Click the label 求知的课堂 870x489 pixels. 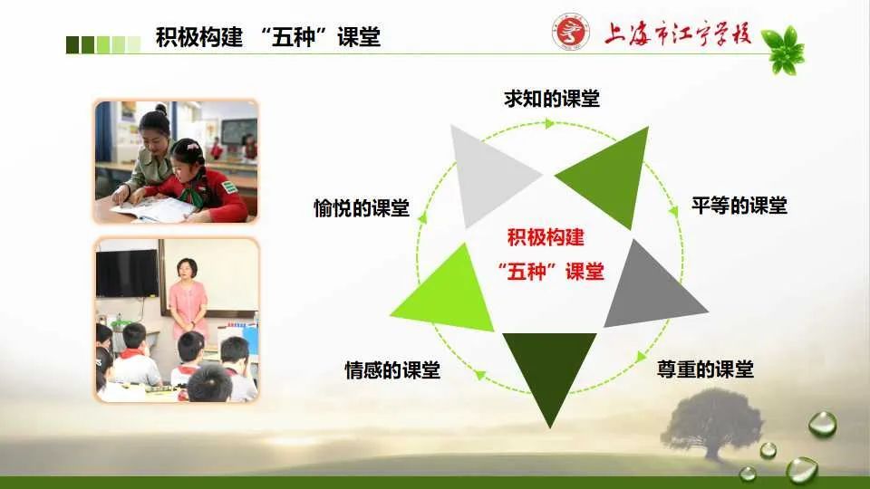[x=552, y=99]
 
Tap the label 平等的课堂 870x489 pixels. [x=739, y=206]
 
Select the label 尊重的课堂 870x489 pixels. [x=705, y=369]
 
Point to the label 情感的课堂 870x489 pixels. [x=392, y=369]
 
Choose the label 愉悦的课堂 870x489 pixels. [x=362, y=208]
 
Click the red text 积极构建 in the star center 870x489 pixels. [x=546, y=237]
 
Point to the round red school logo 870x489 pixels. [x=570, y=32]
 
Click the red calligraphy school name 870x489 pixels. [x=678, y=34]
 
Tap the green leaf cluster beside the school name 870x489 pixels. [x=783, y=50]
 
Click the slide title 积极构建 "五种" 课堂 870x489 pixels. [x=268, y=37]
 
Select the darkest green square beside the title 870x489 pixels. [x=72, y=45]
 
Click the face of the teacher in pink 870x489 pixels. [x=187, y=270]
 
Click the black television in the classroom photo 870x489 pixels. [x=127, y=273]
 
